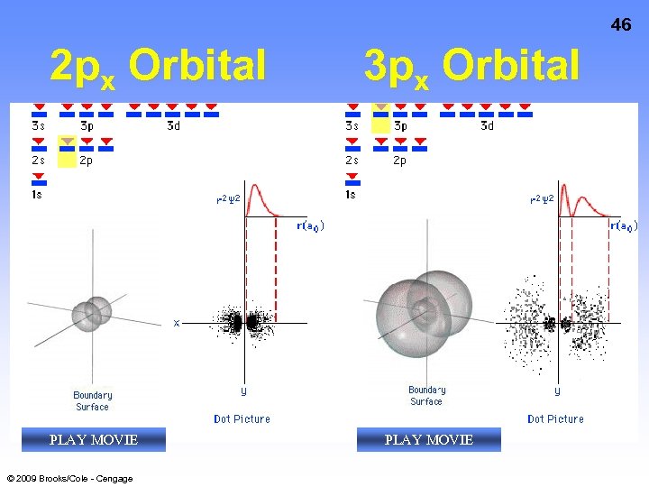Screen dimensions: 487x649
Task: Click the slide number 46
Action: pyautogui.click(x=621, y=25)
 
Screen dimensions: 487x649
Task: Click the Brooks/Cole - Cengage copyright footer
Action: pyautogui.click(x=69, y=478)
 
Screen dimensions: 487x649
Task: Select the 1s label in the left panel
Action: pyautogui.click(x=37, y=194)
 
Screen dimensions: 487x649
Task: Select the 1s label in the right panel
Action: pyautogui.click(x=352, y=194)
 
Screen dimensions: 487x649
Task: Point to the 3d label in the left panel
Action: pyautogui.click(x=173, y=126)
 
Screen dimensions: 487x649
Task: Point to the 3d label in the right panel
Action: pyautogui.click(x=487, y=126)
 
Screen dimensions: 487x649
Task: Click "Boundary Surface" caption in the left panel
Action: pyautogui.click(x=92, y=400)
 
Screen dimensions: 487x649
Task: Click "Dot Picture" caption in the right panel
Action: pyautogui.click(x=555, y=418)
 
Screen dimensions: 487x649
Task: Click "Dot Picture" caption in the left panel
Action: pyautogui.click(x=242, y=418)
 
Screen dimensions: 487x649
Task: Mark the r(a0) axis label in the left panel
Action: pyautogui.click(x=310, y=225)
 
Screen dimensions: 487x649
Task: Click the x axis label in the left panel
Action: pyautogui.click(x=177, y=322)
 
